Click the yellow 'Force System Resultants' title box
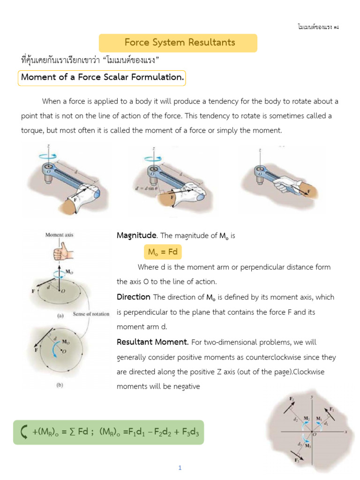click(178, 43)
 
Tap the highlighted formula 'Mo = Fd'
click(162, 252)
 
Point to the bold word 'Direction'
click(133, 297)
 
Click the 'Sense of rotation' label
click(91, 314)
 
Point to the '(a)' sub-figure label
click(60, 315)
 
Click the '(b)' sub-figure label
click(60, 385)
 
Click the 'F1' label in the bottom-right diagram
click(331, 409)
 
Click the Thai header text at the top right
click(317, 27)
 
